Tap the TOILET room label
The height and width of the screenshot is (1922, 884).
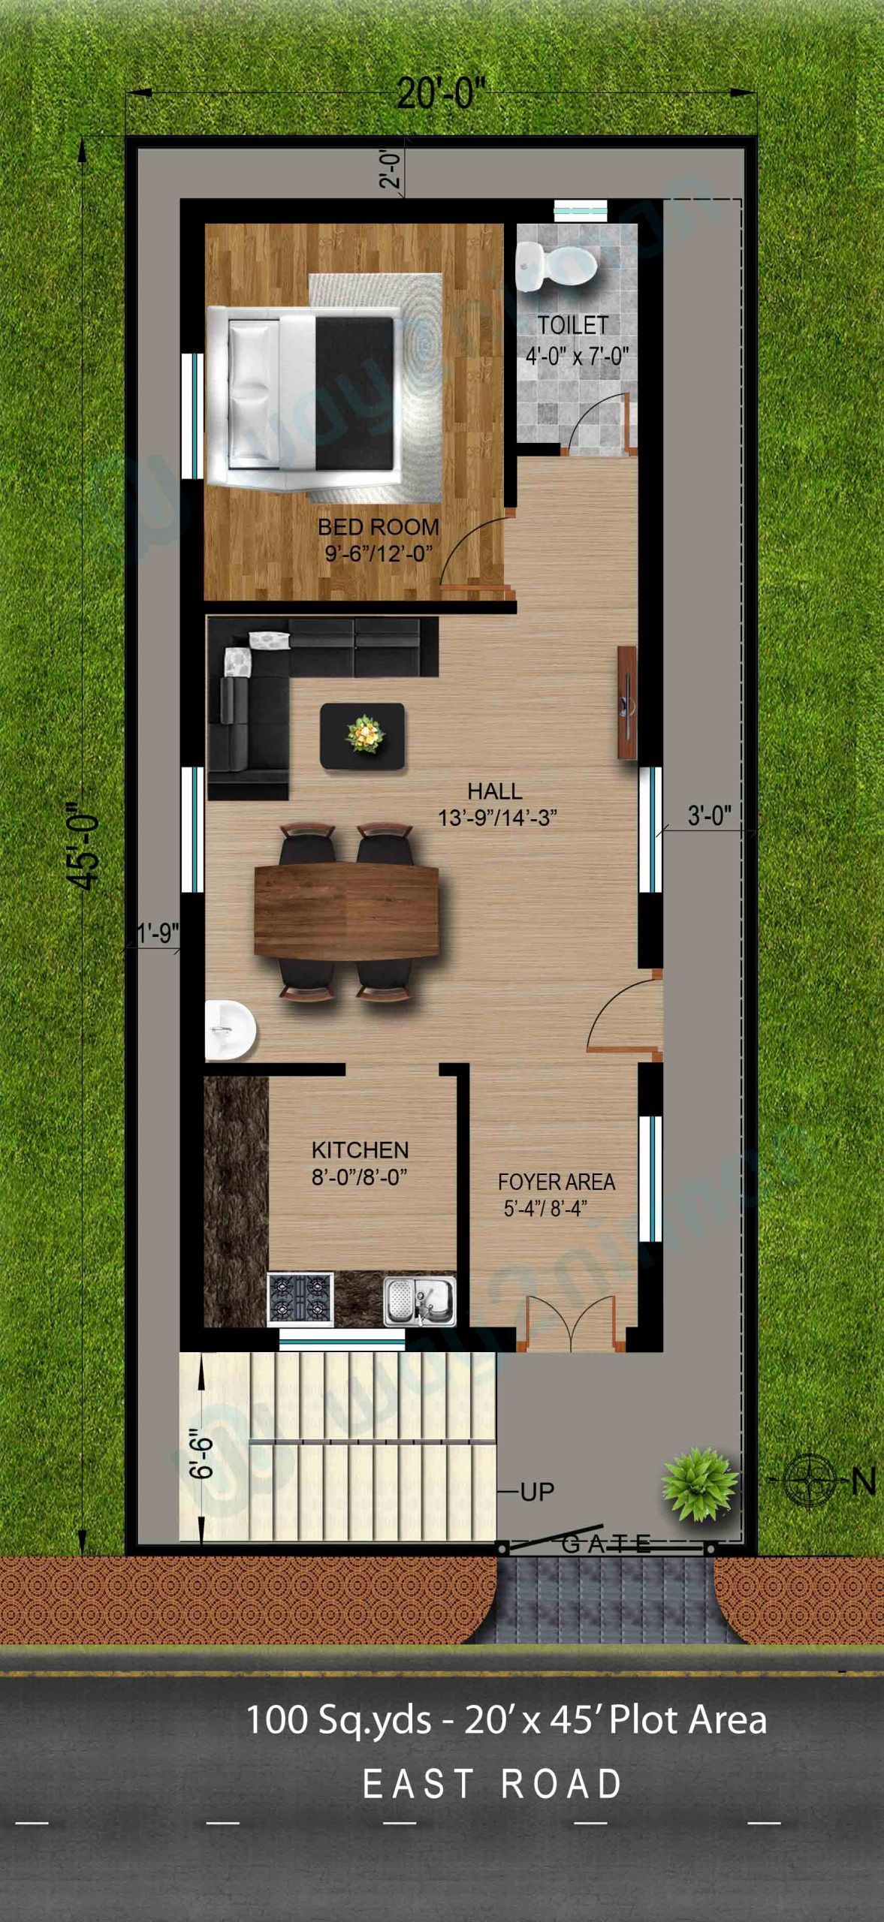(572, 325)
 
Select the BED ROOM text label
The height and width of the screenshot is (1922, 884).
(378, 527)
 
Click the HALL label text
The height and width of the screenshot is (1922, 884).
(494, 791)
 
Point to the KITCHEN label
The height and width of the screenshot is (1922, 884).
(360, 1150)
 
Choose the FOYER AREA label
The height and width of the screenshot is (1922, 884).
(556, 1182)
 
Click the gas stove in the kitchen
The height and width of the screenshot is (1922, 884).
(300, 1297)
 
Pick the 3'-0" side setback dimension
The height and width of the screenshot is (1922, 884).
(709, 815)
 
